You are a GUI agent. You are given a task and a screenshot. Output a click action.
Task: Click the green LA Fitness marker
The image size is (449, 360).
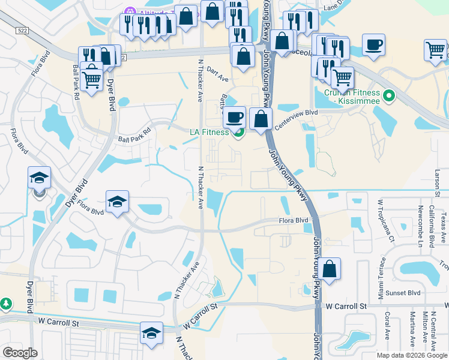pyautogui.click(x=238, y=133)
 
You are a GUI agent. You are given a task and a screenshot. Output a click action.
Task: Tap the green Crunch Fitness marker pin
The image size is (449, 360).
pyautogui.click(x=388, y=95)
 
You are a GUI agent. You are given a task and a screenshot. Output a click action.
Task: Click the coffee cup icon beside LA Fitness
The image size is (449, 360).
pyautogui.click(x=234, y=116)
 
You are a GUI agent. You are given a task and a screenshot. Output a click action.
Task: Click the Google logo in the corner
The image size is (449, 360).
pyautogui.click(x=20, y=353)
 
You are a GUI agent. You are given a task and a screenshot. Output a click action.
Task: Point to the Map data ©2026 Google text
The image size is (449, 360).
pyautogui.click(x=411, y=355)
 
